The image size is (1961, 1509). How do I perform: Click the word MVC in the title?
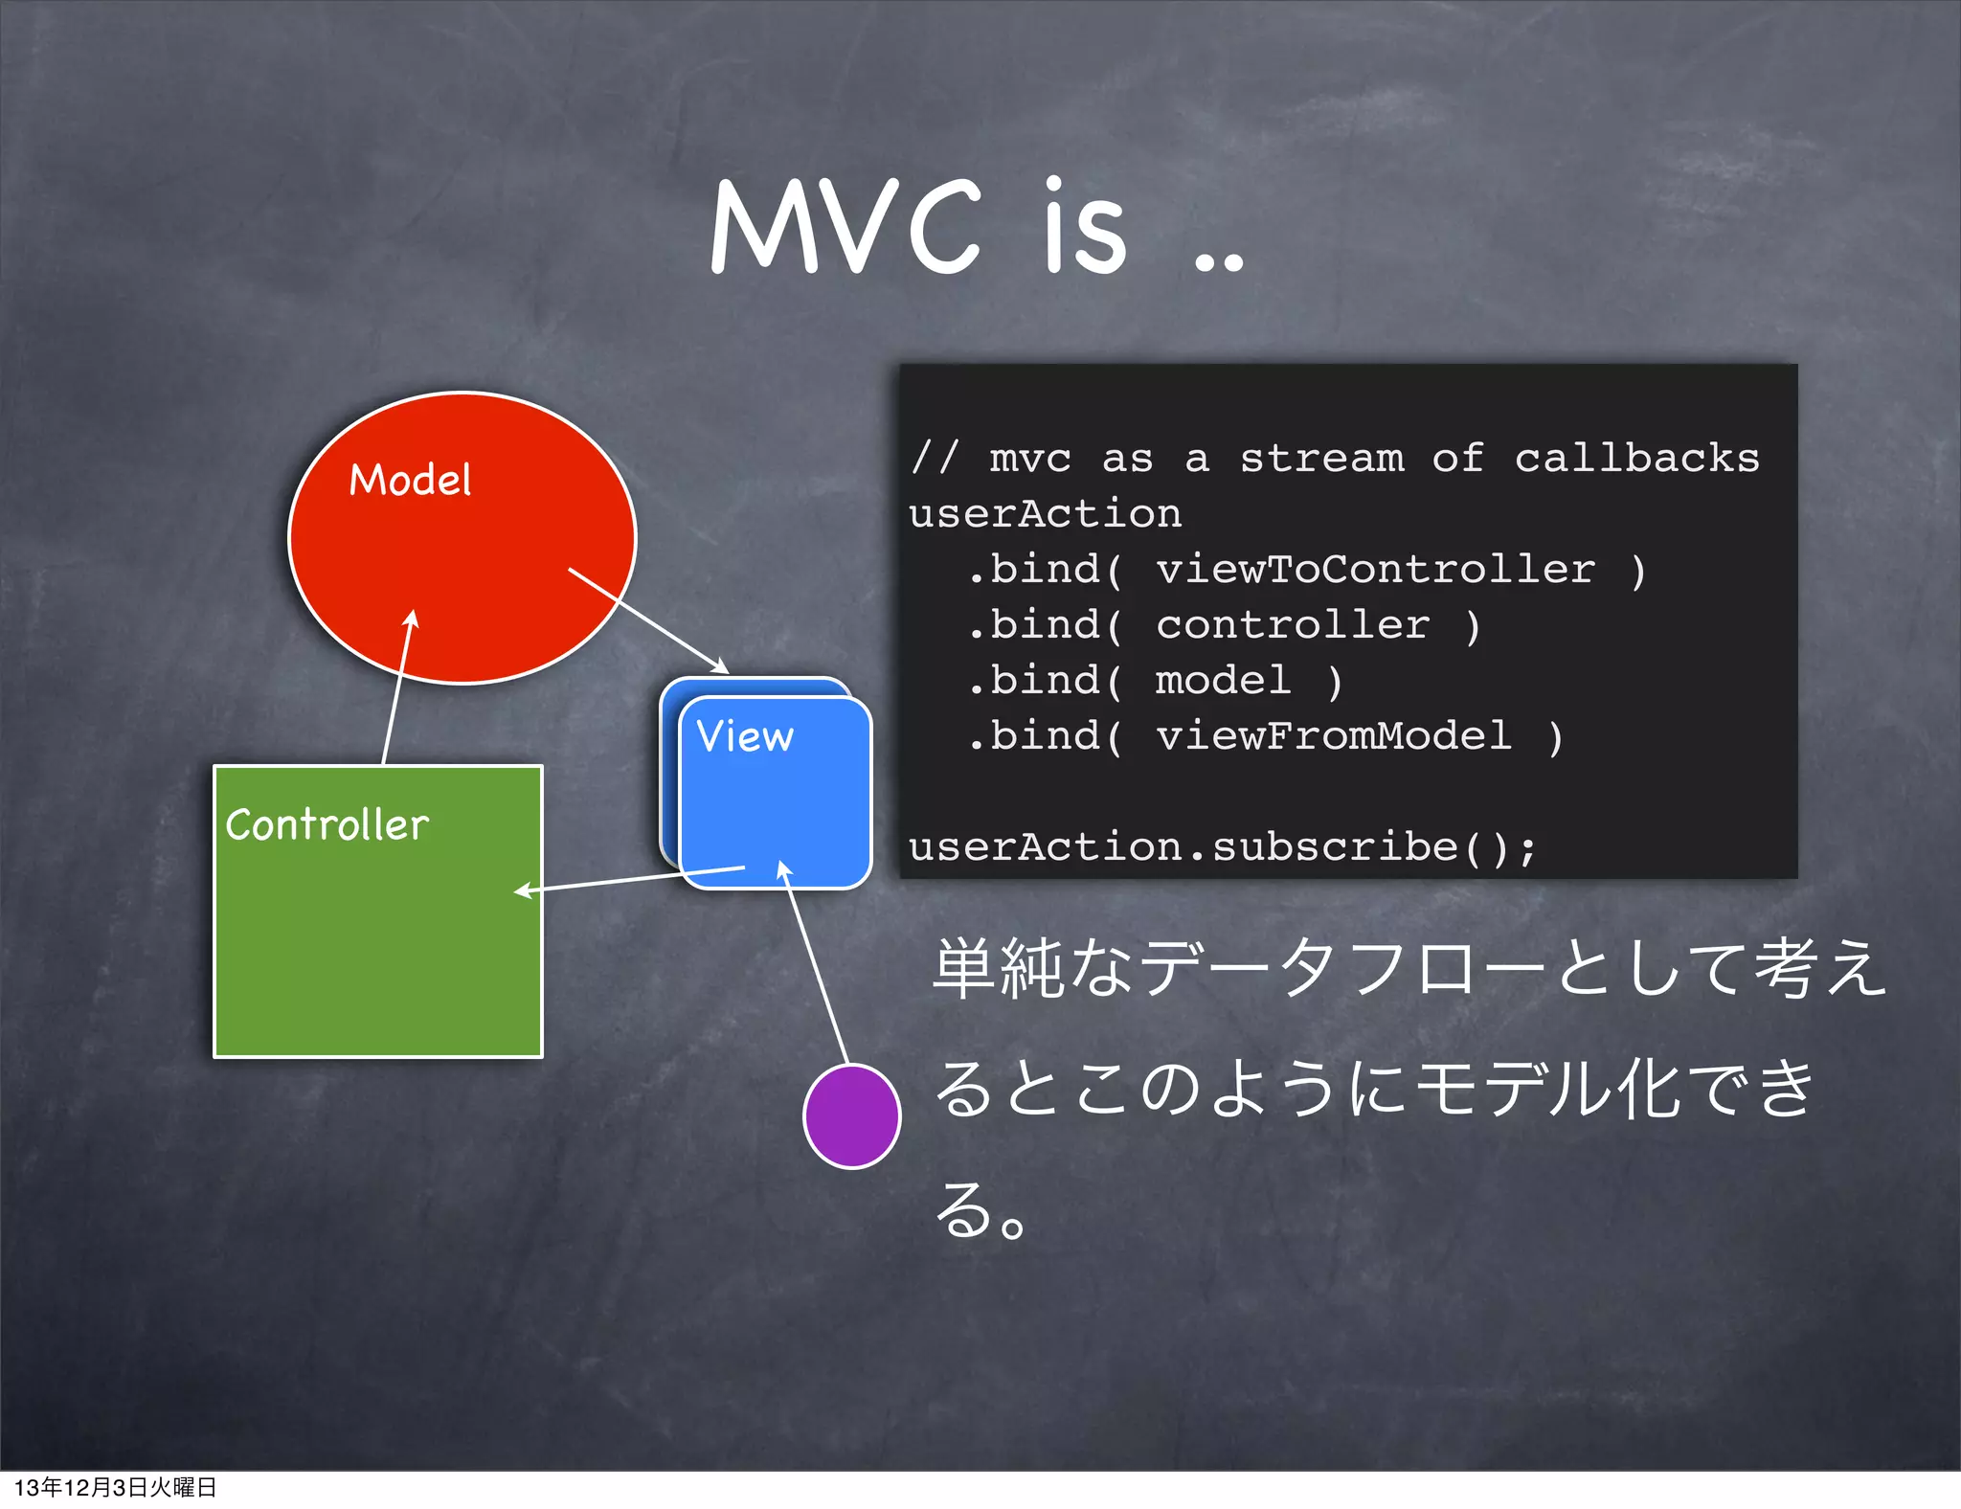[x=846, y=228]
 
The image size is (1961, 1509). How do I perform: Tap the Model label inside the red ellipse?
[x=410, y=480]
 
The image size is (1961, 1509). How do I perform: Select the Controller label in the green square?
[x=327, y=825]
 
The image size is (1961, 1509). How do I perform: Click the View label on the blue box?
[x=745, y=736]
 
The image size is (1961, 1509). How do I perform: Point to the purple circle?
[x=851, y=1116]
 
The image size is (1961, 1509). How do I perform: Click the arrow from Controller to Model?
[x=396, y=689]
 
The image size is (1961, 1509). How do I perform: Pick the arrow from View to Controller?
[x=632, y=880]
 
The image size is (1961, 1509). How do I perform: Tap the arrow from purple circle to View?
[x=816, y=962]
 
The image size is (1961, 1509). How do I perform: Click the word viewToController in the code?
[x=1375, y=570]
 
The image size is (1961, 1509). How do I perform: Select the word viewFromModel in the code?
[x=1333, y=736]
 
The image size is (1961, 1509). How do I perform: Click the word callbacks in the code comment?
[x=1636, y=459]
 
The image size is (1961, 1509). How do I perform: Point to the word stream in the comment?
[x=1321, y=459]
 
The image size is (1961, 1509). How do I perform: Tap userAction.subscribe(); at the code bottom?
[x=1222, y=847]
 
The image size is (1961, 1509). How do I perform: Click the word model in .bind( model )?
[x=1223, y=681]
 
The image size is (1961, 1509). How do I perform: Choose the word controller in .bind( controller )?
[x=1293, y=625]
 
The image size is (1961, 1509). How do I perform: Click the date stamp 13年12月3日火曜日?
[x=115, y=1487]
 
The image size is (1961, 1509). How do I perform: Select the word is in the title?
[x=1084, y=228]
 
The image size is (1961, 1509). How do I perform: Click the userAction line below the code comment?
[x=1045, y=514]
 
